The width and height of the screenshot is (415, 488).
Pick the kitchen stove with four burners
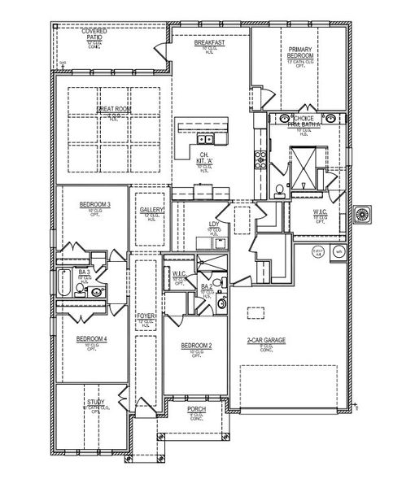[261, 158]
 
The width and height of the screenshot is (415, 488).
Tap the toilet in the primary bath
[278, 191]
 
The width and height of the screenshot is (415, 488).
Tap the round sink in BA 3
[96, 290]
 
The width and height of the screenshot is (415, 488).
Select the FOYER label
[146, 316]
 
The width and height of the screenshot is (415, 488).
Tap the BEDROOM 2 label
[196, 346]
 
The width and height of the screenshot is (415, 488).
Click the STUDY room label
[96, 403]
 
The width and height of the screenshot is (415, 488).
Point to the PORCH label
[195, 408]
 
